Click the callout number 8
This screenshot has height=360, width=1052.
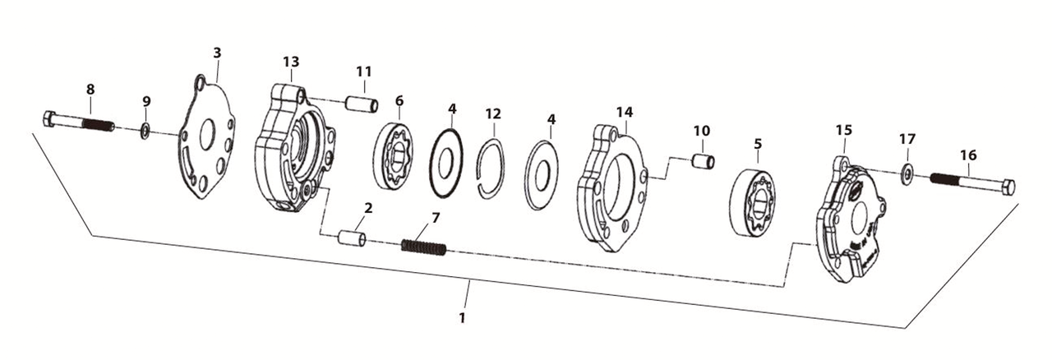(x=90, y=88)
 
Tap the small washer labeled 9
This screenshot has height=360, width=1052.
(x=145, y=129)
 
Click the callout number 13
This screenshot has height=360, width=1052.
(x=291, y=62)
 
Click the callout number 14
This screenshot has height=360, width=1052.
(x=625, y=111)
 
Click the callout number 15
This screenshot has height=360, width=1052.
(x=844, y=131)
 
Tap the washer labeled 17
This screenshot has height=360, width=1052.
(x=907, y=174)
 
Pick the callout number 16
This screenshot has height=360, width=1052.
(x=968, y=154)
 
